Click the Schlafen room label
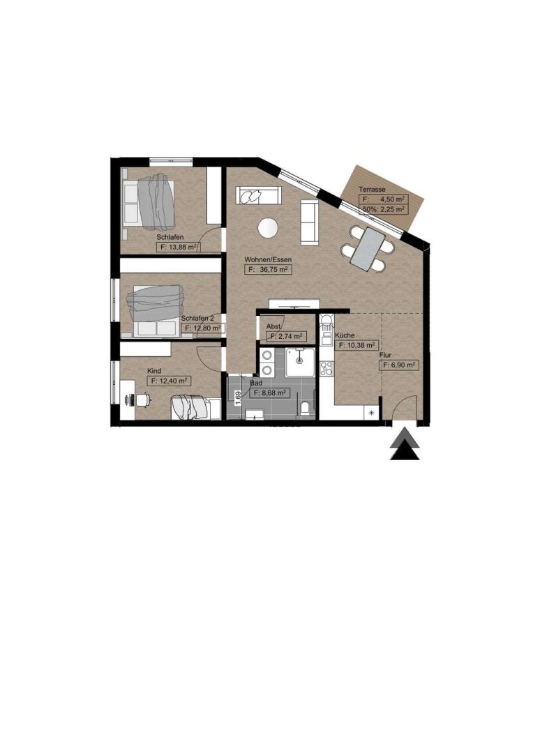point(170,237)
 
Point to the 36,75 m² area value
point(268,270)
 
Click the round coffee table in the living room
point(267,227)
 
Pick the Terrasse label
point(372,190)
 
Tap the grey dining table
point(368,249)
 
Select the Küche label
point(345,335)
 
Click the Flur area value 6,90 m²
point(399,365)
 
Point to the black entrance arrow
point(404,446)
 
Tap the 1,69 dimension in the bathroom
point(237,398)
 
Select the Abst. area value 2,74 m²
point(287,336)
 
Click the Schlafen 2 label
point(197,318)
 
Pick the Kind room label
point(154,371)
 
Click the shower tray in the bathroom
point(301,362)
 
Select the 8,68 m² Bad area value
point(268,393)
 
